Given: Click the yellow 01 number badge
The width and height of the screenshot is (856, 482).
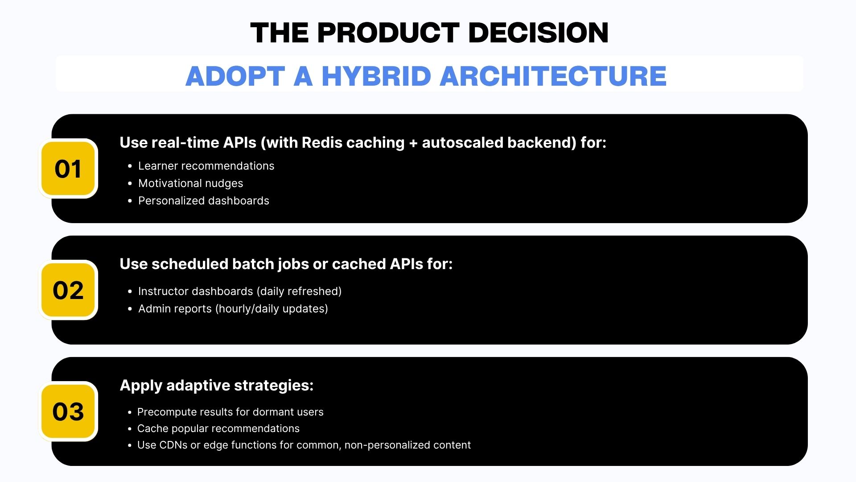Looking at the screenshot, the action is tap(68, 169).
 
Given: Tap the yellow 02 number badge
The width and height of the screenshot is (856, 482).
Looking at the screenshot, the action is tap(68, 290).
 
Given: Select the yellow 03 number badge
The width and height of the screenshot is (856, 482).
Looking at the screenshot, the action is tap(68, 411).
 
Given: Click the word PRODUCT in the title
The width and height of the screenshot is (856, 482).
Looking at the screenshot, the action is tap(388, 33).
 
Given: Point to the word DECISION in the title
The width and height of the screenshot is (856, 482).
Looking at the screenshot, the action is tap(539, 33).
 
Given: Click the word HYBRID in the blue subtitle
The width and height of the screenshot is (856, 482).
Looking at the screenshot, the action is tap(375, 76).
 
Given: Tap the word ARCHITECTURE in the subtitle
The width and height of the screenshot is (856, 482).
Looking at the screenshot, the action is tap(553, 76).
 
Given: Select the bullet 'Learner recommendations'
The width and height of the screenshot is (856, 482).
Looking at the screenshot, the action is tap(206, 166).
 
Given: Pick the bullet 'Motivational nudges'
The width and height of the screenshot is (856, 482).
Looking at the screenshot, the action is tap(191, 183).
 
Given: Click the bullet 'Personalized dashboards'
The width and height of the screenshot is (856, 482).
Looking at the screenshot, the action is tap(204, 201).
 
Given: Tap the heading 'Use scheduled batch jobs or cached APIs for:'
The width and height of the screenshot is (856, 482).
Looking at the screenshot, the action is tap(286, 264).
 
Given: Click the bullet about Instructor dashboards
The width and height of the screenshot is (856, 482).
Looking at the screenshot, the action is tap(240, 291).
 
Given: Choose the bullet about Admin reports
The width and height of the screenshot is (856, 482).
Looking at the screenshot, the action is tap(233, 309).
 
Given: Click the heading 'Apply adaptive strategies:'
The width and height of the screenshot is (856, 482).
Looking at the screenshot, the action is tap(217, 385).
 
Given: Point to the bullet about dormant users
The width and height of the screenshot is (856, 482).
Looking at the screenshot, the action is tap(230, 412).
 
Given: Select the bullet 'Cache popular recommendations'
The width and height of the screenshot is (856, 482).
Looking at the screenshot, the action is tap(218, 428).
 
